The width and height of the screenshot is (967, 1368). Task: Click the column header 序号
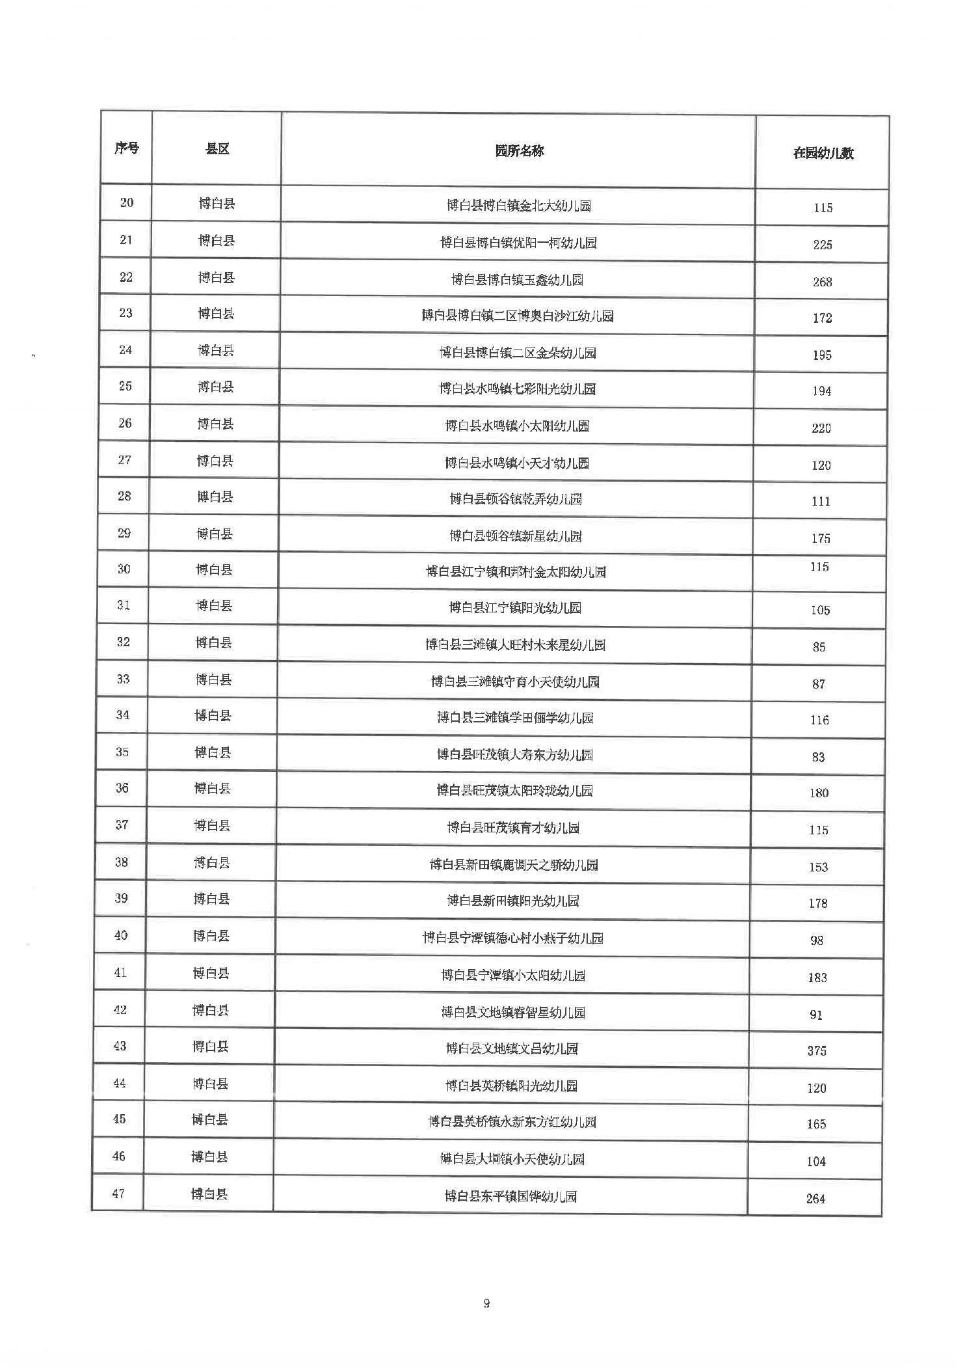click(x=127, y=148)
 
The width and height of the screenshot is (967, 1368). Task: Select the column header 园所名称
click(x=519, y=151)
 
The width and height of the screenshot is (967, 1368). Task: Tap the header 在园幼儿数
click(x=823, y=154)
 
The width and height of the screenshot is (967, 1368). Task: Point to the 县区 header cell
click(x=217, y=149)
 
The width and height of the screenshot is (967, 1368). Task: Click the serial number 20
click(x=127, y=202)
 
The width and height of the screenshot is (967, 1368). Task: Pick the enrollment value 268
click(x=822, y=282)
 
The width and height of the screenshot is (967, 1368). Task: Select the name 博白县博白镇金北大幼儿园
click(x=519, y=206)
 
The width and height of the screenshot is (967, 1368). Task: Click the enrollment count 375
click(x=817, y=1050)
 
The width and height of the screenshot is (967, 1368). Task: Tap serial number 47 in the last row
click(x=118, y=1194)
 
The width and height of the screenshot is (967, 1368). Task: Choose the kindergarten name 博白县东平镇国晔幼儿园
click(x=510, y=1196)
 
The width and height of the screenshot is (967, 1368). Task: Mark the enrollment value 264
click(x=815, y=1199)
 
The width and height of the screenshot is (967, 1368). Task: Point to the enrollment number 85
click(x=819, y=647)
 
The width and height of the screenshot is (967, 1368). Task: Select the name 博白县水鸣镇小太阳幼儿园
click(x=517, y=426)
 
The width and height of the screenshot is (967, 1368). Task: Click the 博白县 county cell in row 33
click(x=213, y=679)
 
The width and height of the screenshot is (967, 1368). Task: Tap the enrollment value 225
click(x=823, y=245)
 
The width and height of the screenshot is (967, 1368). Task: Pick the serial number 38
click(x=122, y=862)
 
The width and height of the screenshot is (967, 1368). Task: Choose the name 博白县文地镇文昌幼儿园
click(x=512, y=1048)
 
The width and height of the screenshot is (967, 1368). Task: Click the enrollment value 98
click(x=817, y=940)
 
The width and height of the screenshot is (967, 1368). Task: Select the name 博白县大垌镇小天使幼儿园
click(x=512, y=1159)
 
